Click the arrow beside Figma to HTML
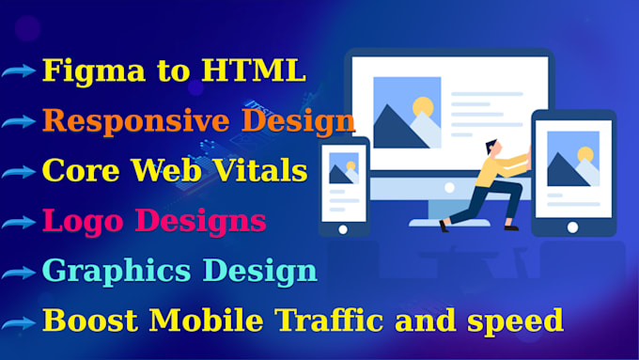click(x=19, y=72)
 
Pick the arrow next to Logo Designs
click(x=19, y=223)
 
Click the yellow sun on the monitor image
click(x=424, y=106)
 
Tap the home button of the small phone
click(x=343, y=228)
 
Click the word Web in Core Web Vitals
click(x=164, y=171)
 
